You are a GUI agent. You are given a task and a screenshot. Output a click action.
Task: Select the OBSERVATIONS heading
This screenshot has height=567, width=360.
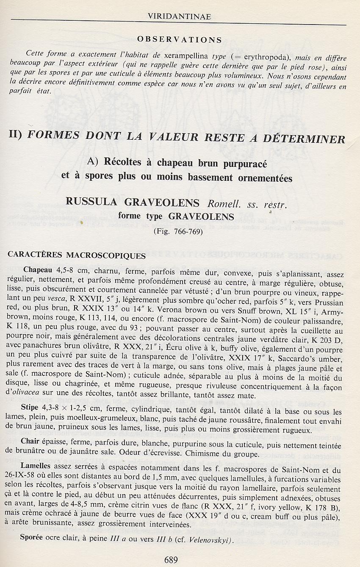point(180,40)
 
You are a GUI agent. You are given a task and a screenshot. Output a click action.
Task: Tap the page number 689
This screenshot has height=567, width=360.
point(171,560)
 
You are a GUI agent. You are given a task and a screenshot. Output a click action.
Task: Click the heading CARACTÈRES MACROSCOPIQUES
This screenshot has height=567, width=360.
point(77,255)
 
